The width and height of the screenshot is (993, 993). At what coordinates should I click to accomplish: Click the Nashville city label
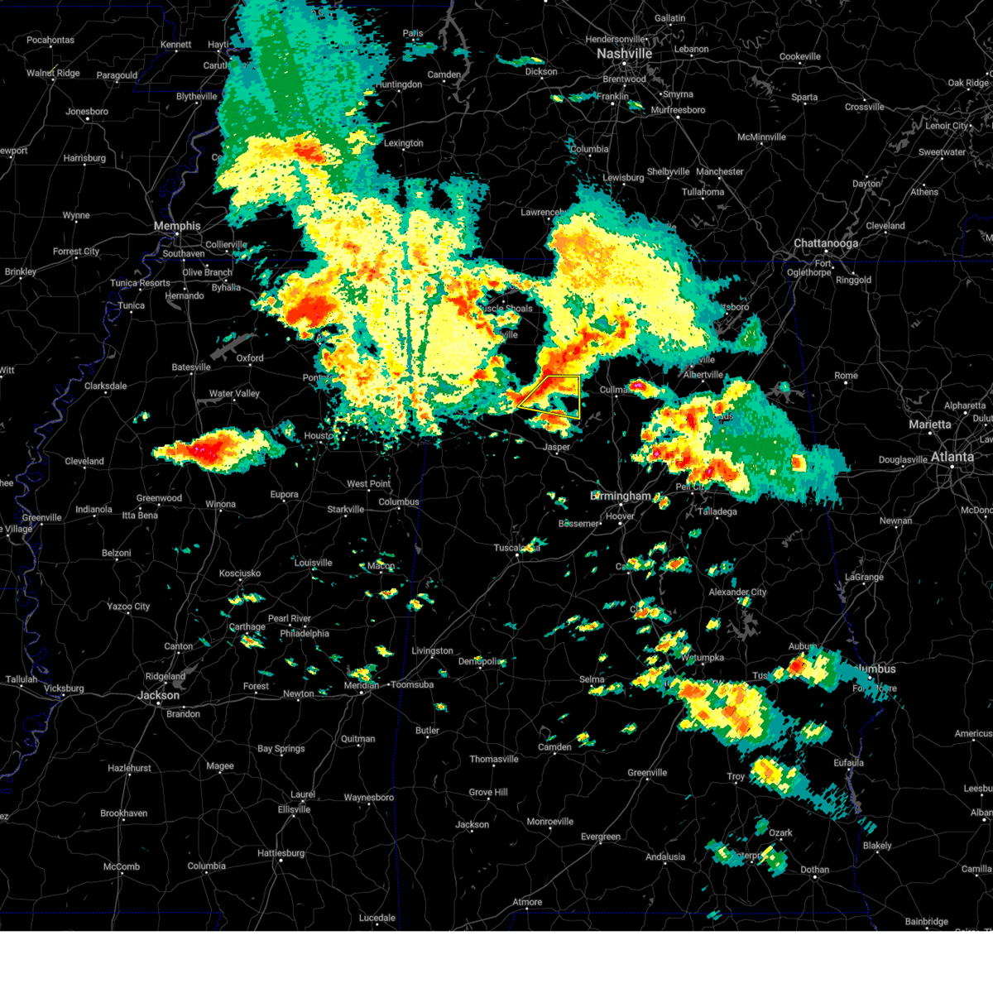(625, 53)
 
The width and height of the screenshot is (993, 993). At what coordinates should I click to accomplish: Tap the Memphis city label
(177, 226)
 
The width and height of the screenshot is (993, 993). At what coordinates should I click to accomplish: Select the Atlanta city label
(952, 456)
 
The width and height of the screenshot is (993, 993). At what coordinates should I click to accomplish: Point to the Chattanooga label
(826, 243)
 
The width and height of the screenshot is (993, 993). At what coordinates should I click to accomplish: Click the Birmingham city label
(621, 496)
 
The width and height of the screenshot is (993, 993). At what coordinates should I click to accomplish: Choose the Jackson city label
(158, 695)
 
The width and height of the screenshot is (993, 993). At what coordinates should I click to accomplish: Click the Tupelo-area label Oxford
(250, 358)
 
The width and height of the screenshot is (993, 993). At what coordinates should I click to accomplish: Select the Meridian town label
(362, 685)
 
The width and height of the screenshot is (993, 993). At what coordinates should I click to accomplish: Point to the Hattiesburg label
(281, 853)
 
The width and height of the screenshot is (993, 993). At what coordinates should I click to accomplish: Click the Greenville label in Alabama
(647, 773)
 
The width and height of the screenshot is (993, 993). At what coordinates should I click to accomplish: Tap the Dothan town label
(815, 870)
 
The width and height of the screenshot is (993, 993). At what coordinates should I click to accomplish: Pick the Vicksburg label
(64, 688)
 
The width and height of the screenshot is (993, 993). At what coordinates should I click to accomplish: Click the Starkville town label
(345, 510)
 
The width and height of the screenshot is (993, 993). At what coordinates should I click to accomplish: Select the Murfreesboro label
(678, 110)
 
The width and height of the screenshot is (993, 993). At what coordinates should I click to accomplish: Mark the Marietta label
(930, 425)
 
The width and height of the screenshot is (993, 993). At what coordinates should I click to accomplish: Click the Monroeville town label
(550, 822)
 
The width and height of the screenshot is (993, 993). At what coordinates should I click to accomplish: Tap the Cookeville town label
(800, 57)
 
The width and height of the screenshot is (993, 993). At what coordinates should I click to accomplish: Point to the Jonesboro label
(87, 112)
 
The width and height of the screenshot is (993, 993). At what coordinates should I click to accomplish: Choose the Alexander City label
(737, 592)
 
